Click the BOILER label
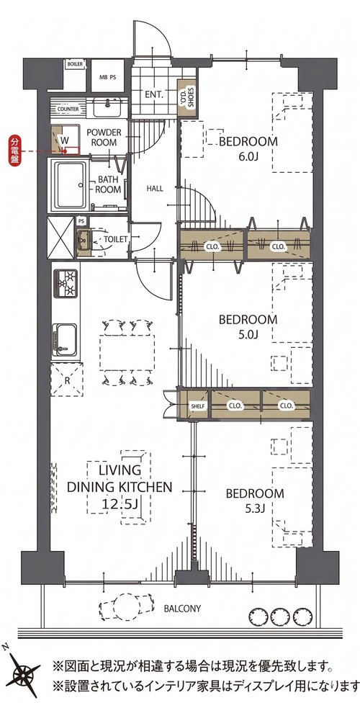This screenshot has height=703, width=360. pyautogui.click(x=75, y=64)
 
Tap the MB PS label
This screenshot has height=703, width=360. pyautogui.click(x=107, y=77)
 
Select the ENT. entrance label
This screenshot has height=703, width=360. pyautogui.click(x=154, y=94)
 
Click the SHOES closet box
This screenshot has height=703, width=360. pyautogui.click(x=186, y=99)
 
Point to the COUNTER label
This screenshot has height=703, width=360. pyautogui.click(x=68, y=109)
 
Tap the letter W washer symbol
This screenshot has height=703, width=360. pyautogui.click(x=65, y=140)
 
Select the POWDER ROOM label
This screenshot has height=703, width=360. pyautogui.click(x=104, y=137)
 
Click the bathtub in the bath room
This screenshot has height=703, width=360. pyautogui.click(x=70, y=184)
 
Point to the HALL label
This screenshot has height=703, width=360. pyautogui.click(x=155, y=189)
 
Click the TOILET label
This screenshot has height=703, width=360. pyautogui.click(x=116, y=239)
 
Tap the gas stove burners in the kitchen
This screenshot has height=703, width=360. pyautogui.click(x=66, y=283)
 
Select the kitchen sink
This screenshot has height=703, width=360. pyautogui.click(x=65, y=340)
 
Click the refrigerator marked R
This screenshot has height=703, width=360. pyautogui.click(x=66, y=380)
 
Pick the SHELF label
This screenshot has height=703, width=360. pyautogui.click(x=198, y=406)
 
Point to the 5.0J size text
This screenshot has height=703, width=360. pyautogui.click(x=248, y=334)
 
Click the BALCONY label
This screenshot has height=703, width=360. pyautogui.click(x=182, y=609)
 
